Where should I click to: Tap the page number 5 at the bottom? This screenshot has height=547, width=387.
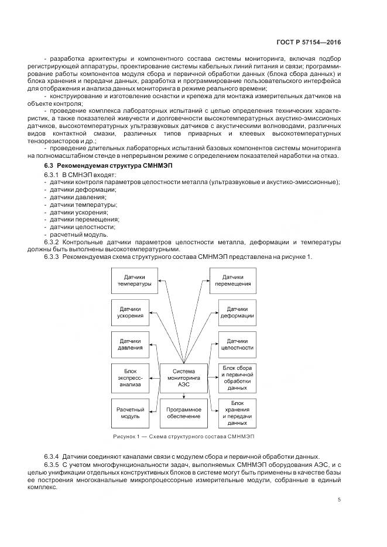(x=340, y=499)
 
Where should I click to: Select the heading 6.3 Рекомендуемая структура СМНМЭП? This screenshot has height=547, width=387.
(x=98, y=167)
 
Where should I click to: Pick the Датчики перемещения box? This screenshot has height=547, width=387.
(x=237, y=281)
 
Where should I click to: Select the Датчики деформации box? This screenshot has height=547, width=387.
(x=237, y=313)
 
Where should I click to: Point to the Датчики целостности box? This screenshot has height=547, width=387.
(x=237, y=345)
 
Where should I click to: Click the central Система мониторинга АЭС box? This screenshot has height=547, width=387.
(x=184, y=378)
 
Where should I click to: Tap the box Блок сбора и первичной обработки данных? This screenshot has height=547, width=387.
(x=237, y=378)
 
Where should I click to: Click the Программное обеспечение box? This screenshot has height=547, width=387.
(x=184, y=413)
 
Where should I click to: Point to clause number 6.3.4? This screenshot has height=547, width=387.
(x=52, y=456)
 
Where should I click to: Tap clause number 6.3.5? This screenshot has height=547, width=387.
(x=52, y=464)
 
